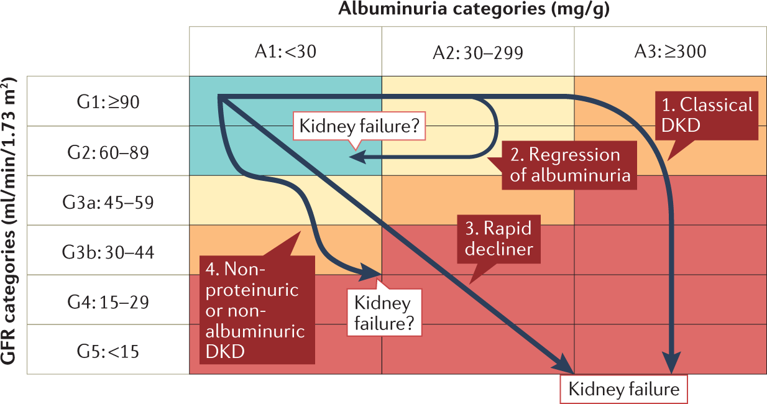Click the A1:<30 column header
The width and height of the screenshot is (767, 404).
pos(285,52)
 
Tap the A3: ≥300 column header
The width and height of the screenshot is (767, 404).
pos(669,52)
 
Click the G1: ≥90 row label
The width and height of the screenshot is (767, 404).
pos(108,101)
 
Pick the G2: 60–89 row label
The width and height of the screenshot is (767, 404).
pos(108,151)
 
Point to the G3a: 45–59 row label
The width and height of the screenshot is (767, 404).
pos(108,201)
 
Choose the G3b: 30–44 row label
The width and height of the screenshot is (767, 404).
pos(108,251)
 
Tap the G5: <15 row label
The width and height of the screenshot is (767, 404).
pos(108,351)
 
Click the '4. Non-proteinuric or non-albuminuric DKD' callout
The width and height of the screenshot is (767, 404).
pos(256,310)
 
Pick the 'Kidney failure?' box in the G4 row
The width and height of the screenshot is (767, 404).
pos(383,313)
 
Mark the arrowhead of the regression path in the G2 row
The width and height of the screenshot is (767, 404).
pos(356,157)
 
